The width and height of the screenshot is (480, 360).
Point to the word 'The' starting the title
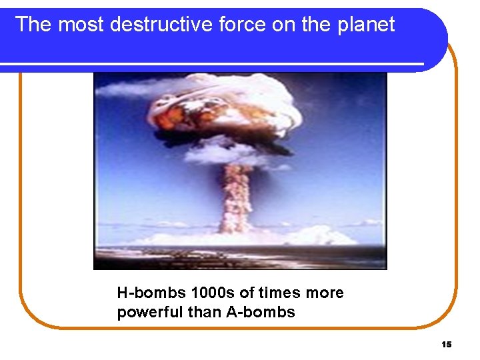tap(33, 25)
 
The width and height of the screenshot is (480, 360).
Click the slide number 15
tap(447, 344)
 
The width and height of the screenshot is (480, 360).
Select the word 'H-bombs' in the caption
tap(151, 293)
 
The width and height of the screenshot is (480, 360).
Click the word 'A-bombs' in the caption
tap(261, 312)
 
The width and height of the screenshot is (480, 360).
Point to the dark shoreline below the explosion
tap(240, 257)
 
